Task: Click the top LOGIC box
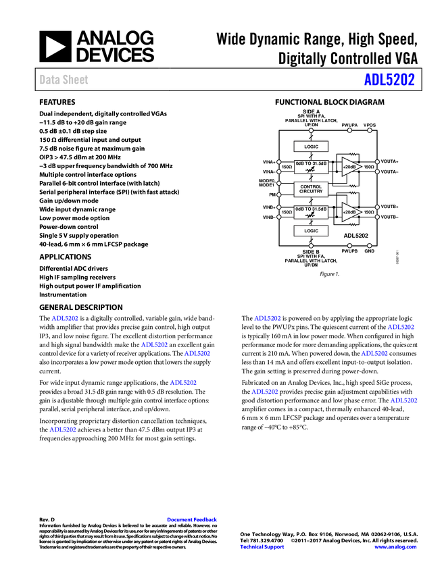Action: (x=311, y=147)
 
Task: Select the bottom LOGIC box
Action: (x=311, y=231)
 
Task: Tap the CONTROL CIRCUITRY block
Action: (x=311, y=189)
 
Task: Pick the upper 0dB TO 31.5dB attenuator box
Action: (x=311, y=166)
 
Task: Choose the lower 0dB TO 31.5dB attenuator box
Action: (x=311, y=212)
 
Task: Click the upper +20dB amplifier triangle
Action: (x=350, y=166)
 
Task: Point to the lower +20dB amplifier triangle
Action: (x=350, y=212)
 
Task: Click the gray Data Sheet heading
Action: (x=64, y=80)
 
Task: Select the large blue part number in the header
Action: (x=389, y=80)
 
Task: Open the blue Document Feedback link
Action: (x=193, y=520)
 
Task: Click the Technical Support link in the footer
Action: (x=262, y=547)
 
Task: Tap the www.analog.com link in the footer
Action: (x=395, y=547)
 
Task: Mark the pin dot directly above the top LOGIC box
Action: (x=311, y=130)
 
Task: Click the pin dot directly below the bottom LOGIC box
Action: (x=311, y=246)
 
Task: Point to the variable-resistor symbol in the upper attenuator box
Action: (x=310, y=170)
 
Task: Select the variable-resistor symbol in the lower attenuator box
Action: (x=310, y=216)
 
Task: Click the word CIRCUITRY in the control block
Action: (x=311, y=192)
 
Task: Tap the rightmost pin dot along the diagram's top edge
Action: (x=370, y=130)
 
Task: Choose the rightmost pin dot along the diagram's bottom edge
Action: (x=370, y=246)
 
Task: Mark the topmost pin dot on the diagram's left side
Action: (x=279, y=162)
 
